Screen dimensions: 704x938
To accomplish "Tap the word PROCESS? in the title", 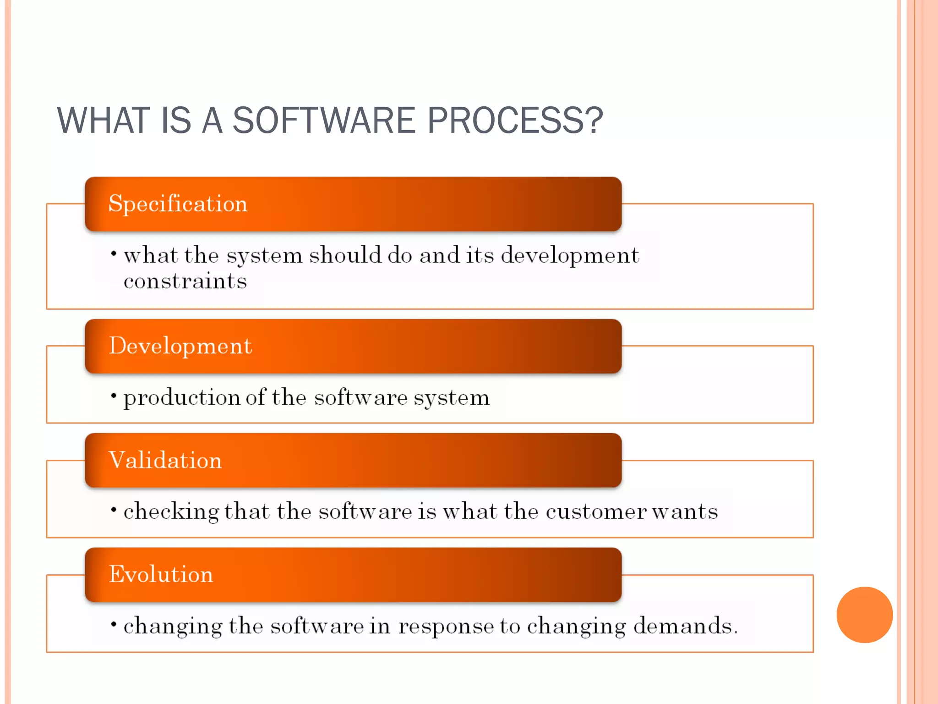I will coord(515,120).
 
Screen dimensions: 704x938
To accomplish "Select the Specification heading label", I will coord(178,203).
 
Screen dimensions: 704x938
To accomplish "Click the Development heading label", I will coord(180,346).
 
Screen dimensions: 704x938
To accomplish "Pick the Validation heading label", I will coord(165,460).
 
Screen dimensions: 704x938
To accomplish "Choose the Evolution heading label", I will coord(161,574).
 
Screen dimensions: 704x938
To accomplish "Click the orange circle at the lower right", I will coord(864,615).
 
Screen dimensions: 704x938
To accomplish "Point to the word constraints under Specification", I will coord(185,281).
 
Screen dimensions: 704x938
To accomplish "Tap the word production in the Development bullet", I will coord(182,398).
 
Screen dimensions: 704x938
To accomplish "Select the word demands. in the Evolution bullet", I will coord(685,626).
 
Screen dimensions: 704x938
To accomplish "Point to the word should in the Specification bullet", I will coord(345,255).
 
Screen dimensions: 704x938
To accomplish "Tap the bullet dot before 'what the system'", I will coord(114,253).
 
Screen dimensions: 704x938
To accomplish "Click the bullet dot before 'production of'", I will coord(114,396).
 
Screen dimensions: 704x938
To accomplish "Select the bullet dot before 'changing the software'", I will coord(114,624).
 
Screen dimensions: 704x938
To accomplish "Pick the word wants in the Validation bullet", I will coord(685,511).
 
